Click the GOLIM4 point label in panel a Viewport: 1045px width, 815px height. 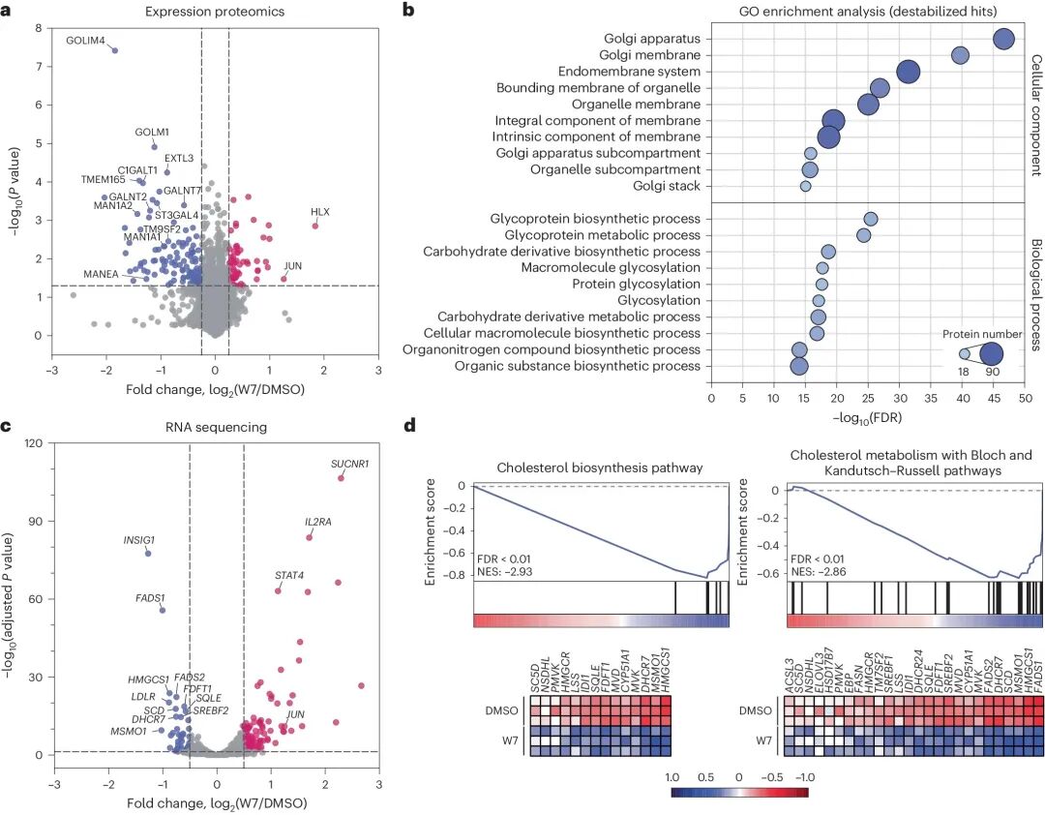coord(85,40)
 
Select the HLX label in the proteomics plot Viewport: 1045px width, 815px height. coord(320,211)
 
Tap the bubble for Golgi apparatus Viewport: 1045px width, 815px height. coord(1003,39)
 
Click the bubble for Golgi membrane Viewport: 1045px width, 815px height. coord(960,55)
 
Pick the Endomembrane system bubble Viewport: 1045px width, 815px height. coord(909,72)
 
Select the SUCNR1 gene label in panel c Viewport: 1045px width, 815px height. coord(349,464)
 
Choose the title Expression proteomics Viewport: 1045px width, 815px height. coord(215,11)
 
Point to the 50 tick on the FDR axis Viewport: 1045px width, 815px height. coord(1025,397)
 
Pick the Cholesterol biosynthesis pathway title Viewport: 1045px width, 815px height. coord(600,468)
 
